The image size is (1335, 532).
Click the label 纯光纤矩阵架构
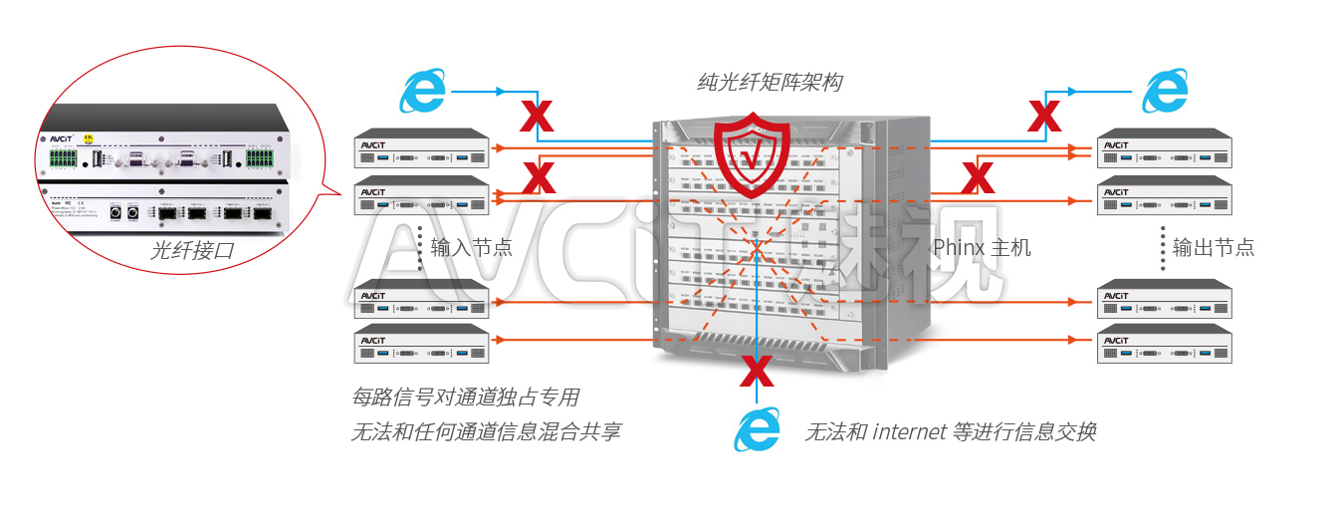pyautogui.click(x=768, y=83)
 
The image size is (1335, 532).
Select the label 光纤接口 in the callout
pyautogui.click(x=192, y=250)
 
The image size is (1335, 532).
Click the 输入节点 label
pyautogui.click(x=471, y=247)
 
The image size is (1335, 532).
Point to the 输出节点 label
pyautogui.click(x=1213, y=247)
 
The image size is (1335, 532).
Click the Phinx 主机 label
pyautogui.click(x=981, y=247)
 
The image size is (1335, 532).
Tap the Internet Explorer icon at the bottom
pyautogui.click(x=757, y=430)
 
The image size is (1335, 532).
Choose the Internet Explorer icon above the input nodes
pyautogui.click(x=423, y=92)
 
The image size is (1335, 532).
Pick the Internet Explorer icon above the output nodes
pyautogui.click(x=1164, y=92)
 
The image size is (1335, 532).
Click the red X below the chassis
pyautogui.click(x=757, y=371)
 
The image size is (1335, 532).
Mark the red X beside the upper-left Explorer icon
pyautogui.click(x=538, y=116)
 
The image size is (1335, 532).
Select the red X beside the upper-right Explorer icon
pyautogui.click(x=1043, y=116)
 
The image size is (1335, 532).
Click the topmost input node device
pyautogui.click(x=422, y=147)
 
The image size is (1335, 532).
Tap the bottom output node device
pyautogui.click(x=1164, y=344)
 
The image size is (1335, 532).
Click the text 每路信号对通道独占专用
pyautogui.click(x=465, y=398)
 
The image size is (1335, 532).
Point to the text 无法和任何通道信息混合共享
pyautogui.click(x=486, y=432)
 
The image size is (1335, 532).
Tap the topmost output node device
pyautogui.click(x=1164, y=147)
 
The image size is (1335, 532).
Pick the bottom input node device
pyautogui.click(x=422, y=344)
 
